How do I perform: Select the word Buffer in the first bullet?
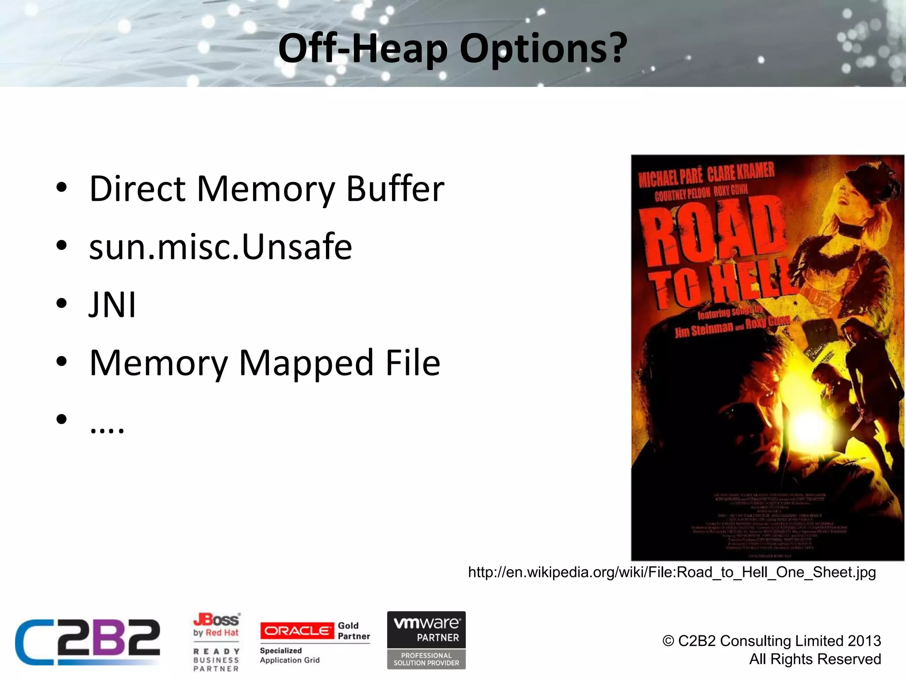(x=395, y=189)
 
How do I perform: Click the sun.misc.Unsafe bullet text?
(x=220, y=247)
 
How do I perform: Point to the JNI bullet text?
(x=112, y=305)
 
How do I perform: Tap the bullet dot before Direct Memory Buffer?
(x=61, y=188)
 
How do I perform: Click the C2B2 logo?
(x=88, y=642)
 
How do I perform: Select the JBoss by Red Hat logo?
(x=216, y=625)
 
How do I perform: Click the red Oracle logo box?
(x=297, y=631)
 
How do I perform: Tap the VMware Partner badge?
(x=426, y=640)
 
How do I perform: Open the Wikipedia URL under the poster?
(x=672, y=572)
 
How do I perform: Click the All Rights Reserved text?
(x=815, y=659)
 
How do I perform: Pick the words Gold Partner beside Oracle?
(x=353, y=631)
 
